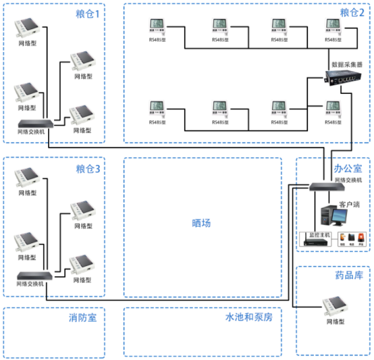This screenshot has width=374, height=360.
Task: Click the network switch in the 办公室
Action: [x=327, y=187]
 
